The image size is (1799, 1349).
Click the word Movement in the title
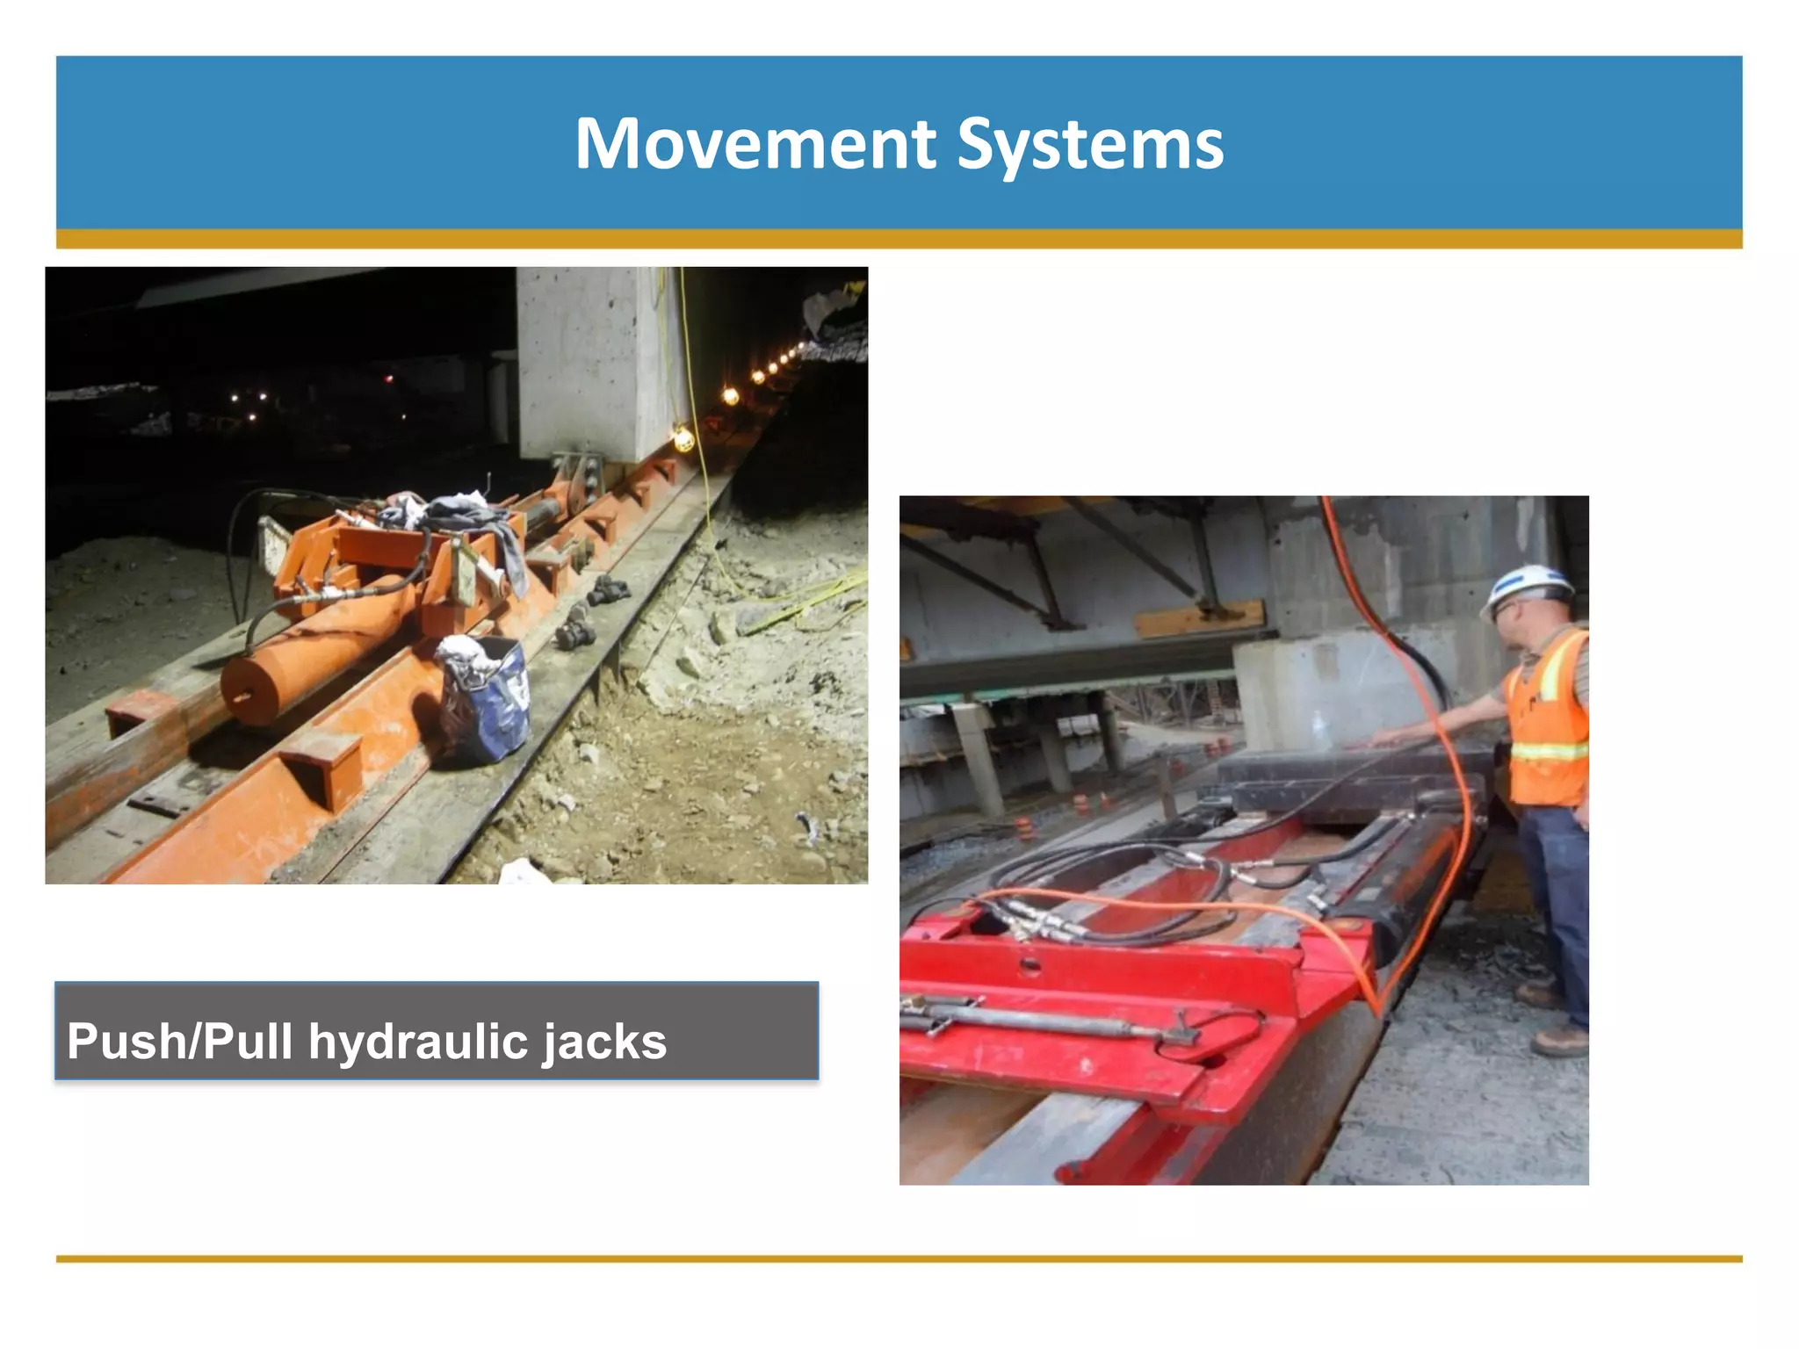pos(755,144)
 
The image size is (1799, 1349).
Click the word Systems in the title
pos(1089,146)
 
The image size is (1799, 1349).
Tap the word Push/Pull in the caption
pos(179,1042)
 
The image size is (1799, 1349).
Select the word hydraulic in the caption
pos(413,1042)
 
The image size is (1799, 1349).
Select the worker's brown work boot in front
pos(1558,1042)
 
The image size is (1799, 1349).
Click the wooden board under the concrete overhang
pos(1200,620)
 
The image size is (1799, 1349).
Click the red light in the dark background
pos(388,379)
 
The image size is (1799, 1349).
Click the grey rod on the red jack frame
pos(1037,1019)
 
